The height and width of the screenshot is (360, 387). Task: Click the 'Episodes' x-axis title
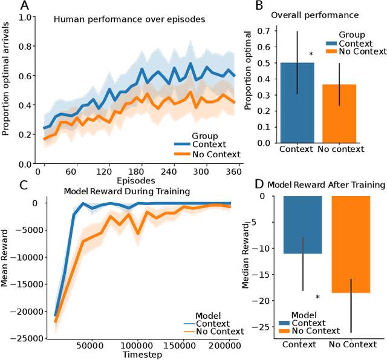point(135,180)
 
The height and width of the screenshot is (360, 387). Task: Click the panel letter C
point(7,185)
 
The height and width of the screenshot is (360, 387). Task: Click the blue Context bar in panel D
point(303,224)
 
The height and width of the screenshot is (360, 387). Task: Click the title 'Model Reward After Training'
point(326,185)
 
